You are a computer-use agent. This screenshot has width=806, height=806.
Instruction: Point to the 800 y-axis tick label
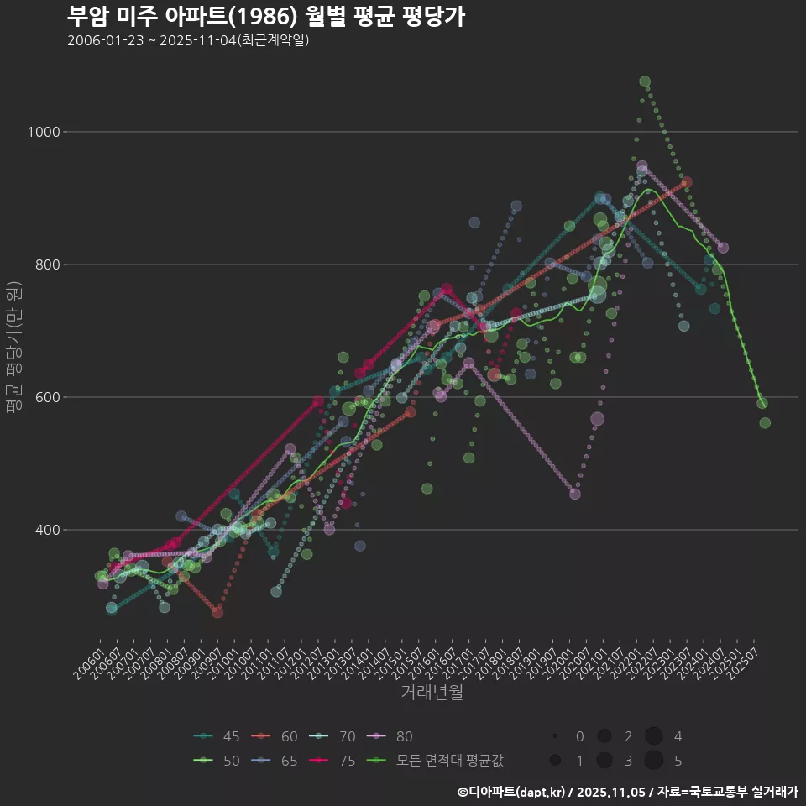point(43,264)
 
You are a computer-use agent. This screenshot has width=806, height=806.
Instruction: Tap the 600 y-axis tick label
point(43,397)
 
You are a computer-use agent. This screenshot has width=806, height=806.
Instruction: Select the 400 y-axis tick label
point(43,530)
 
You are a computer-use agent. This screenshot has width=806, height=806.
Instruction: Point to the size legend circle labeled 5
point(654,761)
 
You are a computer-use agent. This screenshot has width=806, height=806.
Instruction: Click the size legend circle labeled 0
point(556,736)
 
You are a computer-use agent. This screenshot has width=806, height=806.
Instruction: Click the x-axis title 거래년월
point(432,693)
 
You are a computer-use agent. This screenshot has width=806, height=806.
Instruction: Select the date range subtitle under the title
point(188,40)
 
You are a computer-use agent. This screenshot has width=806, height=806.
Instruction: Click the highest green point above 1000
point(645,81)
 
